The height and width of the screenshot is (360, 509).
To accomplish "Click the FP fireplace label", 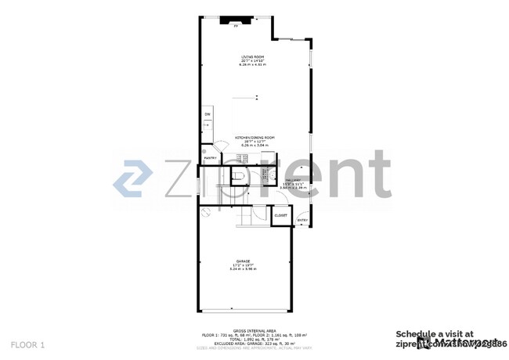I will pyautogui.click(x=234, y=26).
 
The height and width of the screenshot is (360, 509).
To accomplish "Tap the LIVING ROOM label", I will pyautogui.click(x=253, y=56).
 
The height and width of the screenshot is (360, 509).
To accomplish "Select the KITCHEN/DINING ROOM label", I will pyautogui.click(x=254, y=137).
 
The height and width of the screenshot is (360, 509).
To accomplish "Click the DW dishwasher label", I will pyautogui.click(x=208, y=115).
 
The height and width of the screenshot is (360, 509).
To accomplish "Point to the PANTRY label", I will pyautogui.click(x=210, y=158).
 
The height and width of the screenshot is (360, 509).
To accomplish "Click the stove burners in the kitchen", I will pyautogui.click(x=243, y=158).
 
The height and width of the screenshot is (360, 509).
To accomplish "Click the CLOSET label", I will pyautogui.click(x=280, y=215).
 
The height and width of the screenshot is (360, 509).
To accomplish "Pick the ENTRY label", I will pyautogui.click(x=302, y=220).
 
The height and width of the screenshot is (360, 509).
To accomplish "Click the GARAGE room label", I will pyautogui.click(x=243, y=261).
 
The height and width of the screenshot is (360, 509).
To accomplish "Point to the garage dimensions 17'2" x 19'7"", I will pyautogui.click(x=243, y=265).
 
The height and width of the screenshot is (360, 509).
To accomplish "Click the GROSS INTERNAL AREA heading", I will pyautogui.click(x=254, y=329).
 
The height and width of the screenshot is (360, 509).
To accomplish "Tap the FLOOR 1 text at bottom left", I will pyautogui.click(x=28, y=344).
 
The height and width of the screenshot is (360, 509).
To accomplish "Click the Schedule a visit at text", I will pyautogui.click(x=435, y=333).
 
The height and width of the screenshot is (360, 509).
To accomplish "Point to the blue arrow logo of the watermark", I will pyautogui.click(x=134, y=178).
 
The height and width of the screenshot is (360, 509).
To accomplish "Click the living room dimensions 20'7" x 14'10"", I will pyautogui.click(x=253, y=60).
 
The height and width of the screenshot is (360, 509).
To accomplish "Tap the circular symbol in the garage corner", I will pyautogui.click(x=203, y=211).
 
